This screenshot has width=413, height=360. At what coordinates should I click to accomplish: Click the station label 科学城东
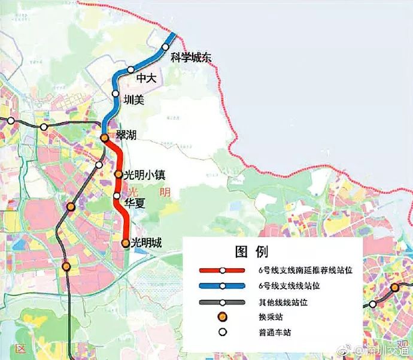click(x=192, y=58)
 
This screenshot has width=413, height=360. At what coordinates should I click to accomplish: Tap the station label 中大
click(x=146, y=78)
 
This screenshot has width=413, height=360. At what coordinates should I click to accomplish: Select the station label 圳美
click(x=133, y=100)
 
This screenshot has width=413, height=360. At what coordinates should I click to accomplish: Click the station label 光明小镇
click(x=144, y=175)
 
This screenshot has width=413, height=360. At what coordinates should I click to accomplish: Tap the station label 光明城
click(x=147, y=243)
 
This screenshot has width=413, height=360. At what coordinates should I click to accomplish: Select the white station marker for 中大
click(x=130, y=70)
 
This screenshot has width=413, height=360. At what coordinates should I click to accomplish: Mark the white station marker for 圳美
click(x=116, y=93)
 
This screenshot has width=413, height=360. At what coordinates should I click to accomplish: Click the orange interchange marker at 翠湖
click(x=104, y=138)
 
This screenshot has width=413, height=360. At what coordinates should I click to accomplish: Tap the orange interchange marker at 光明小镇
click(x=119, y=175)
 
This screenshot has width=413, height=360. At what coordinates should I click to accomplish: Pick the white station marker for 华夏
click(x=117, y=196)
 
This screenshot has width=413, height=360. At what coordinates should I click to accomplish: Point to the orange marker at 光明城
click(x=125, y=243)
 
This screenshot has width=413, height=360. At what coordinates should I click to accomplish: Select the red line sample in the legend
click(x=222, y=270)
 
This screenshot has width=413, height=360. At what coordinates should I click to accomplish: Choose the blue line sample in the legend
click(x=222, y=286)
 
